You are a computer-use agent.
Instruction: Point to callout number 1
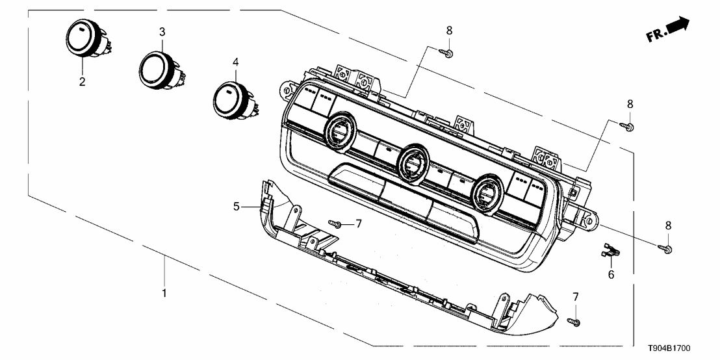[x=164, y=293]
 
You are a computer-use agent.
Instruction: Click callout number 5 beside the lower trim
[x=237, y=207]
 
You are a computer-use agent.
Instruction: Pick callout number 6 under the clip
[x=610, y=275]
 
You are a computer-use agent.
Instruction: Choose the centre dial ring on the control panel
[x=412, y=161]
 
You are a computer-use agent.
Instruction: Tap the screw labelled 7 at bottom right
[x=573, y=321]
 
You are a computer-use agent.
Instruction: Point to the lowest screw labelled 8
[x=667, y=248]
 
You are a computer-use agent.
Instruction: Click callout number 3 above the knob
[x=162, y=32]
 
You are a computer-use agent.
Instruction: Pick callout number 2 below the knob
[x=82, y=82]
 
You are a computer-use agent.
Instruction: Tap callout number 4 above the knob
[x=236, y=62]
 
